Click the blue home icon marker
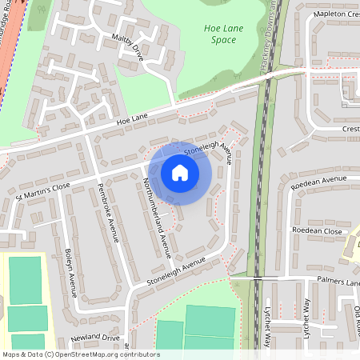pyautogui.click(x=180, y=173)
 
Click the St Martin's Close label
pyautogui.click(x=43, y=189)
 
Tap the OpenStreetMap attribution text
pyautogui.click(x=80, y=354)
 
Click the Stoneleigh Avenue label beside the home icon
pyautogui.click(x=207, y=150)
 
